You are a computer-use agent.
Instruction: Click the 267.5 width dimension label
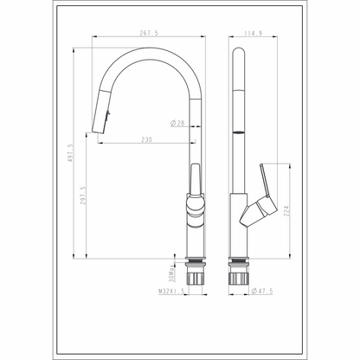pos(149,33)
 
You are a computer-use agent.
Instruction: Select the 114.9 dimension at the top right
pos(253,33)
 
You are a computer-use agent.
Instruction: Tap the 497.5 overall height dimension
pos(71,153)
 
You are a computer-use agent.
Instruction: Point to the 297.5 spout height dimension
pos(83,196)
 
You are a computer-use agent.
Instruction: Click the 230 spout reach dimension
pos(146,139)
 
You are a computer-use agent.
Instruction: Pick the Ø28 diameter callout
pos(177,124)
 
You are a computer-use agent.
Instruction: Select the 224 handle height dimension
pos(286,211)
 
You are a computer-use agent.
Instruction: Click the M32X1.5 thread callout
pos(171,292)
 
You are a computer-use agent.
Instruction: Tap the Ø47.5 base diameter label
pos(261,291)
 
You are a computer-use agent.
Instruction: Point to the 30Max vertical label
pos(171,273)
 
